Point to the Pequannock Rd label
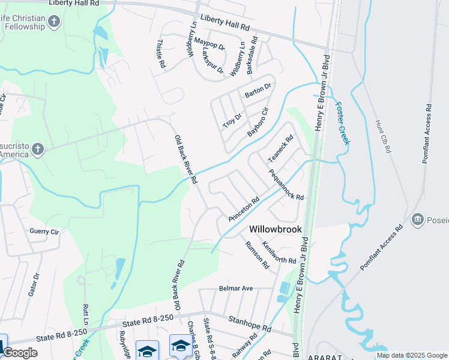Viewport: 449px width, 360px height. pyautogui.click(x=286, y=185)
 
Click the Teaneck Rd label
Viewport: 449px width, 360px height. pyautogui.click(x=280, y=148)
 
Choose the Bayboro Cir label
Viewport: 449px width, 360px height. pyautogui.click(x=255, y=122)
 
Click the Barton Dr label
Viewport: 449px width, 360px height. pyautogui.click(x=258, y=91)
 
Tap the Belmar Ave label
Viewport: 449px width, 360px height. pyautogui.click(x=236, y=288)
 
